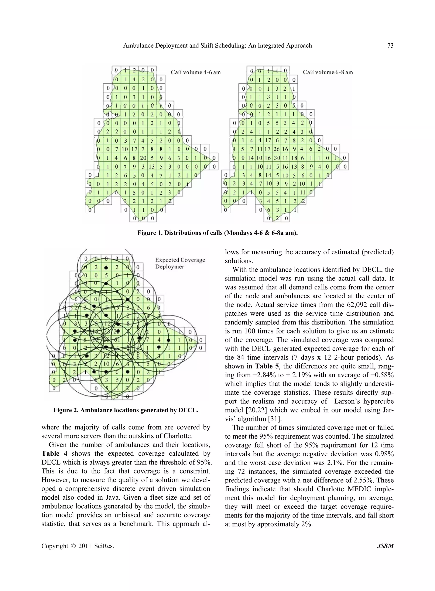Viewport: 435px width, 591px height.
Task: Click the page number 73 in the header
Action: pyautogui.click(x=390, y=45)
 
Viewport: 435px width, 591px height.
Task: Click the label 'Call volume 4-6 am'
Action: pyautogui.click(x=196, y=72)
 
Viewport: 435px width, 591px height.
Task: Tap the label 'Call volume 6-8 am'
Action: pyautogui.click(x=328, y=72)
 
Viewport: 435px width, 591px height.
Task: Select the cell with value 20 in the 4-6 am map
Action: pyautogui.click(x=143, y=158)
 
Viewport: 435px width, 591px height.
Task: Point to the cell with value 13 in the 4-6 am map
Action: pyautogui.click(x=152, y=167)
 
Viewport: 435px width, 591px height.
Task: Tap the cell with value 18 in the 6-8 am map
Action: pyautogui.click(x=294, y=158)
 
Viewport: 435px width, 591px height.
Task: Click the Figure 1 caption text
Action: pyautogui.click(x=217, y=233)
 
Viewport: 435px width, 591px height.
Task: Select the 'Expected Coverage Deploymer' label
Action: pyautogui.click(x=180, y=263)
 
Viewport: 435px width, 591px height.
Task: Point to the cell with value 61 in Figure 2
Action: pyautogui.click(x=117, y=340)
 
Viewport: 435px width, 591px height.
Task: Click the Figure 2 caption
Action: pyautogui.click(x=126, y=410)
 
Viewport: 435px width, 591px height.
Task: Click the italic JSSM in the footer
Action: pyautogui.click(x=385, y=546)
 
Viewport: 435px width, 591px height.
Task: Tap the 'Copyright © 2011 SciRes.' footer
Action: pyautogui.click(x=78, y=546)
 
